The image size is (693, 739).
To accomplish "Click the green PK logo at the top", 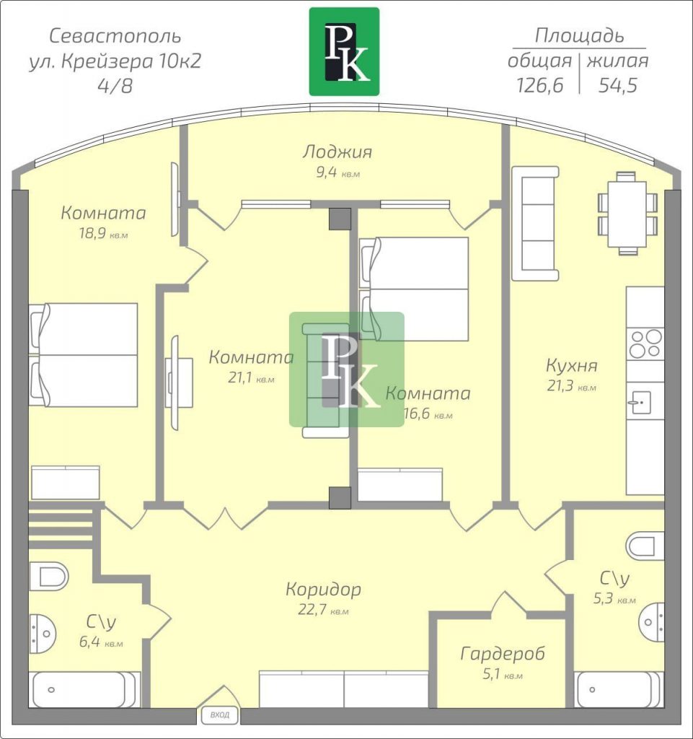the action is point(344,51).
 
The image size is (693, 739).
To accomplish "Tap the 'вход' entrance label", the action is point(220,715).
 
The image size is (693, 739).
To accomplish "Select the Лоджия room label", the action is point(337,152).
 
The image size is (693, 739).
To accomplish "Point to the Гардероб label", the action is point(503,654).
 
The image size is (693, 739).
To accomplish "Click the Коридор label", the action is point(324,589).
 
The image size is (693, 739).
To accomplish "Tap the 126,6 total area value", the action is point(540,85).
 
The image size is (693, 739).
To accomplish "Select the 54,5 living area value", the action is point(618,85).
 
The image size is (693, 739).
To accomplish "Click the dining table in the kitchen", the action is point(627,214).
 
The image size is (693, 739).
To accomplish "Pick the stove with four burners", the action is point(645,344).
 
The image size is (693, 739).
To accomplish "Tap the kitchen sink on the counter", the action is point(640,403).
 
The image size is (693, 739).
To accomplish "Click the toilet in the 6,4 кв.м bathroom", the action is point(48,576).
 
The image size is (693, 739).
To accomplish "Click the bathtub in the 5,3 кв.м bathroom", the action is point(619,689).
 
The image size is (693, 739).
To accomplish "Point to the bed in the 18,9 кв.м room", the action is point(84,355).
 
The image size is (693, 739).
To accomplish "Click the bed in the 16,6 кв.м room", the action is point(414,289).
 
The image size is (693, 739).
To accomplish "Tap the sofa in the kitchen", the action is point(535,224).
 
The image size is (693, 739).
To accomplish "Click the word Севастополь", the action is point(115,36).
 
